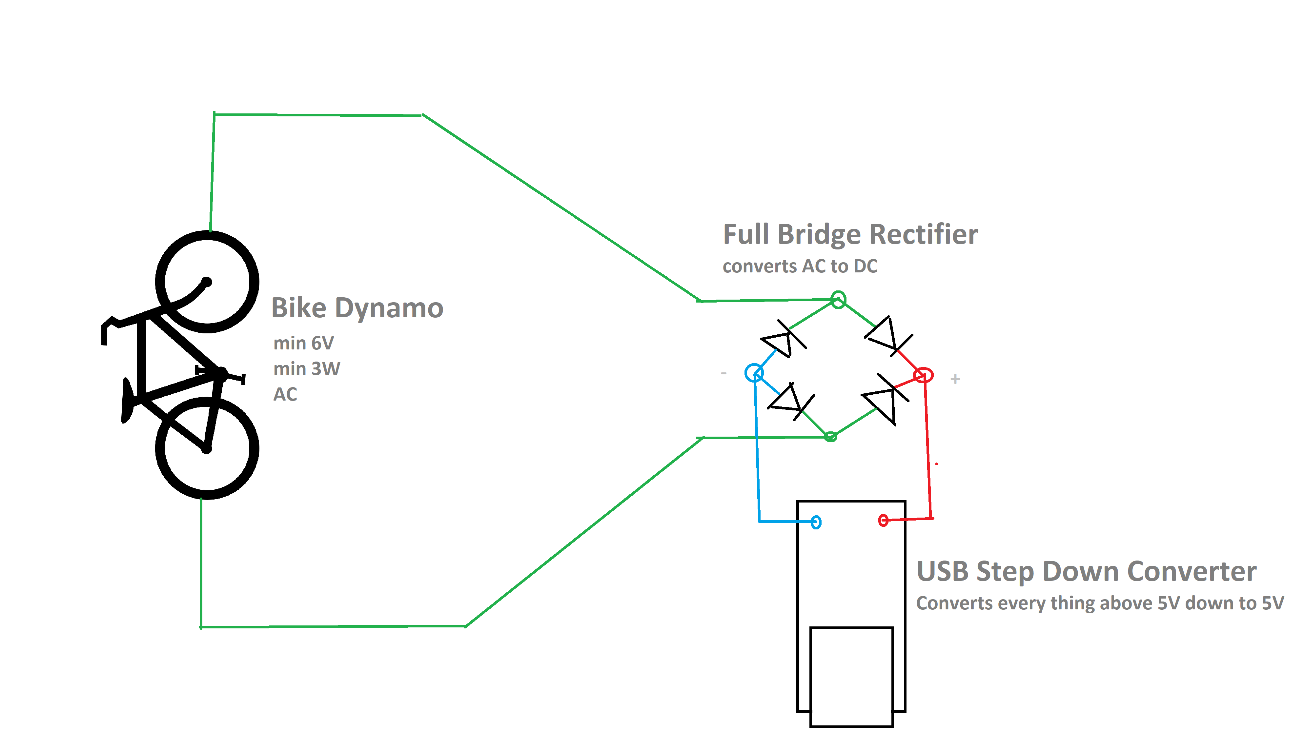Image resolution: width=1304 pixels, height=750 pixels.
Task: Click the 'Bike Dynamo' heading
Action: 357,308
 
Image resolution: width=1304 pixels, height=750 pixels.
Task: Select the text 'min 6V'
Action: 303,343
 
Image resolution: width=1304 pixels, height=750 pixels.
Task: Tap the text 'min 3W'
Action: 307,369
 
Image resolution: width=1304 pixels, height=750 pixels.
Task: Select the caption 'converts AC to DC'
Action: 800,266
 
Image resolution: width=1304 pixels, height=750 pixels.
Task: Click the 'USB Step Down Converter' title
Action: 1086,571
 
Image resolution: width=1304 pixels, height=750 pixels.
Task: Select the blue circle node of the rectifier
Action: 754,372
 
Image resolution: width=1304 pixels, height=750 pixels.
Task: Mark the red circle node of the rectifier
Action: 923,375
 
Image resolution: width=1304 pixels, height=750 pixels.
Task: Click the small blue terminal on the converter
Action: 816,522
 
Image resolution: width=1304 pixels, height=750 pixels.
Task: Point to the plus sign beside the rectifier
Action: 955,379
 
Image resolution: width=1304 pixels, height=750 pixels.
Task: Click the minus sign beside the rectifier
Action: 724,373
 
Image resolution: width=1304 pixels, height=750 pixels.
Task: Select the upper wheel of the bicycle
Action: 207,282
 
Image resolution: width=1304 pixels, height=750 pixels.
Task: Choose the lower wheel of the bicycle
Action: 207,448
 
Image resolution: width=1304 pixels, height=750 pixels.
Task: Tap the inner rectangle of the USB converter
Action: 851,676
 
